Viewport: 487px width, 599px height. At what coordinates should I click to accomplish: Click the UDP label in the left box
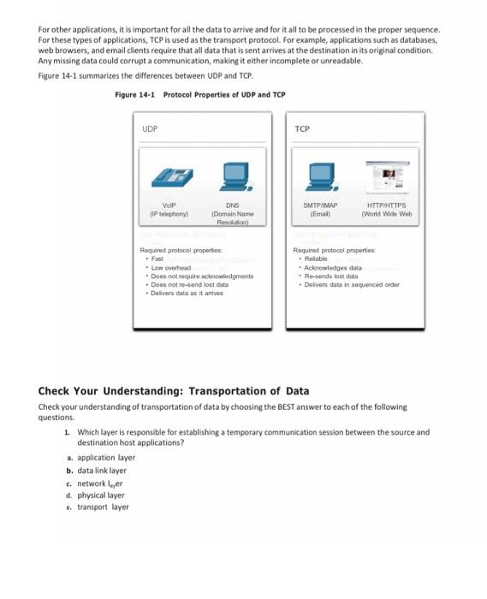150,129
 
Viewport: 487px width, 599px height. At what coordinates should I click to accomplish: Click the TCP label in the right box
301,129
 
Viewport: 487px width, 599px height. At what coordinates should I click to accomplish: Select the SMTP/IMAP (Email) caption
321,209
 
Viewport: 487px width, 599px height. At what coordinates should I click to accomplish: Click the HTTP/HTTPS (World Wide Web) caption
389,209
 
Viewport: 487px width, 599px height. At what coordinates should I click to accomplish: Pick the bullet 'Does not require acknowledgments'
200,276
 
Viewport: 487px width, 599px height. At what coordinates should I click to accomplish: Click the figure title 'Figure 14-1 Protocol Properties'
199,94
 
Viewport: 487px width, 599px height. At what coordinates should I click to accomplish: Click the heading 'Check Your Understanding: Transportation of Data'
174,392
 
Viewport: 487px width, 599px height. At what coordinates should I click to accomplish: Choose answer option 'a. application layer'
101,458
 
